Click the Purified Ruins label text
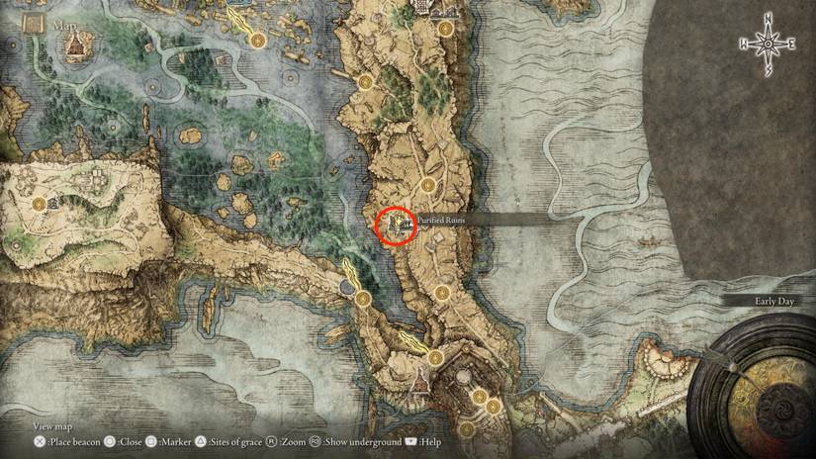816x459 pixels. [440, 221]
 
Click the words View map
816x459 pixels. [53, 426]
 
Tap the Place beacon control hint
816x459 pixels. [65, 441]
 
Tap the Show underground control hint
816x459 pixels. [356, 441]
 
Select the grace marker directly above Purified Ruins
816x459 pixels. [428, 184]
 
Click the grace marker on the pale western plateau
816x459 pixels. [40, 205]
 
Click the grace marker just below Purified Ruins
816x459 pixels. [442, 292]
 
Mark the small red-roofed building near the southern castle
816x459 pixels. [419, 380]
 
